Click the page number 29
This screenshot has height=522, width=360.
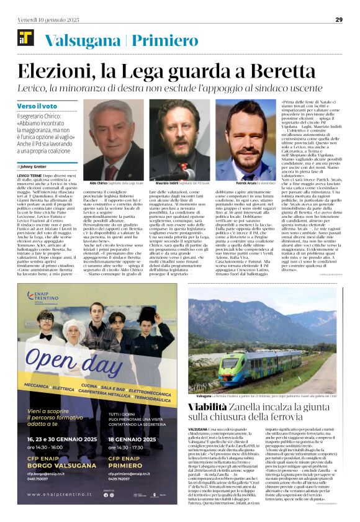click(x=339, y=19)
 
